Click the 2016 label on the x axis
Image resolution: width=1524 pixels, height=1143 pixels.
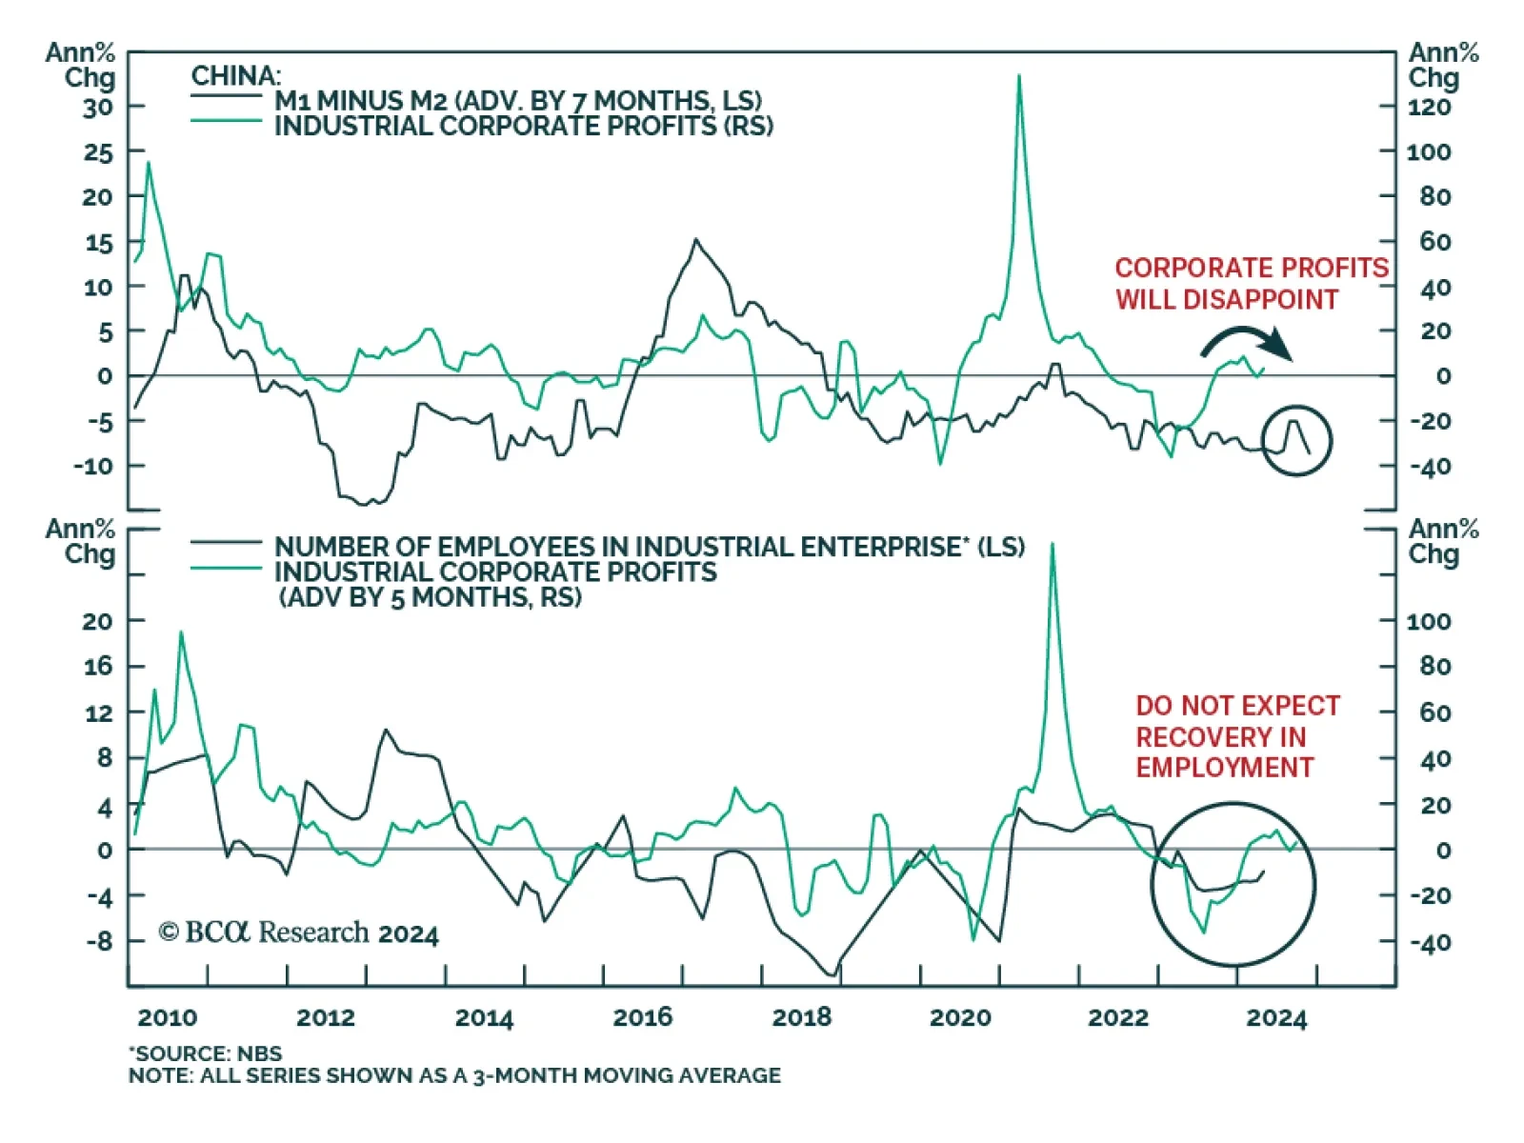point(642,1017)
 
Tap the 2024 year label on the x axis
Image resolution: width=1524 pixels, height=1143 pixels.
point(1276,1017)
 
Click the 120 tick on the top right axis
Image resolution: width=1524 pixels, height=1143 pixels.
point(1430,107)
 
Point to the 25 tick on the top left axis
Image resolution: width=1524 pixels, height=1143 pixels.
point(97,152)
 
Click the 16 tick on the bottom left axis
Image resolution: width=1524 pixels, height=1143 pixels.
point(97,666)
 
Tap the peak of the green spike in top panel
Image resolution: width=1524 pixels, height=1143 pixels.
point(1019,76)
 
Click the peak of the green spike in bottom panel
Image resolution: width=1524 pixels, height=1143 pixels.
point(1053,544)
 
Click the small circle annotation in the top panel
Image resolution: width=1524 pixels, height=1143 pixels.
point(1296,441)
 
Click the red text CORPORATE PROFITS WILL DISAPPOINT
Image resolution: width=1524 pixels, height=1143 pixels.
point(1251,283)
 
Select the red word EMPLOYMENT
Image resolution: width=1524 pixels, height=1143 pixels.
point(1224,768)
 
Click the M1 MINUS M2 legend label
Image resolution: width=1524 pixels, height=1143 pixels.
point(518,100)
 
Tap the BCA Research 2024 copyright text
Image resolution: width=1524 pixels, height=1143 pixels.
point(298,932)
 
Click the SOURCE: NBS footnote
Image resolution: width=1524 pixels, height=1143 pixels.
point(206,1053)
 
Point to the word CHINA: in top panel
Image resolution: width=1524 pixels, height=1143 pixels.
point(235,75)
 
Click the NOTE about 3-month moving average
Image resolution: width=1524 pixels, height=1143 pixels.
point(454,1075)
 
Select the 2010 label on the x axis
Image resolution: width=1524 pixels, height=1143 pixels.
point(167,1017)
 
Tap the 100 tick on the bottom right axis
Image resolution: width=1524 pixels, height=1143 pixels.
point(1429,621)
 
